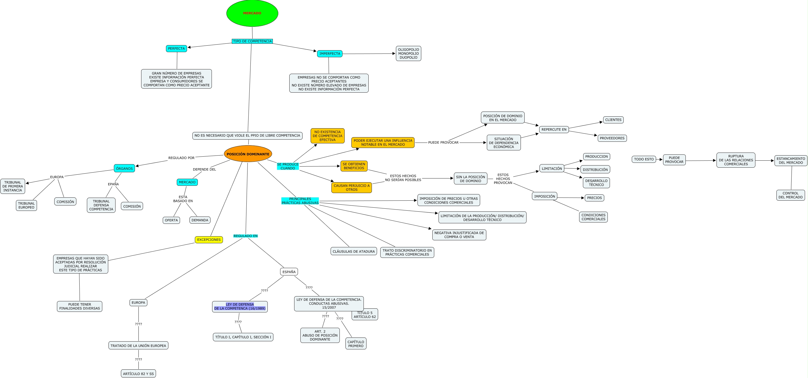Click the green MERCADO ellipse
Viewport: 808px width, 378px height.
pyautogui.click(x=252, y=13)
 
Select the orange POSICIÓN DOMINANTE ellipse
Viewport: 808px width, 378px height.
pyautogui.click(x=248, y=154)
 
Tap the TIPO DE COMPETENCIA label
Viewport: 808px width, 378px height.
pyautogui.click(x=252, y=41)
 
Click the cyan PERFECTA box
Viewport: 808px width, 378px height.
pyautogui.click(x=176, y=48)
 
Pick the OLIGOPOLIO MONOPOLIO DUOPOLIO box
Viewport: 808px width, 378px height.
pyautogui.click(x=408, y=53)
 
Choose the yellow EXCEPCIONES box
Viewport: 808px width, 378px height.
pyautogui.click(x=209, y=240)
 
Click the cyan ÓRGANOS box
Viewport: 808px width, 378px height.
pyautogui.click(x=124, y=168)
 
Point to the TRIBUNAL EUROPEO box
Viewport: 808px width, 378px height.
pyautogui.click(x=26, y=205)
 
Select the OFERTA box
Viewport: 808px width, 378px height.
pyautogui.click(x=171, y=220)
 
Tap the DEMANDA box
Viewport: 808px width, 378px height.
pyautogui.click(x=200, y=220)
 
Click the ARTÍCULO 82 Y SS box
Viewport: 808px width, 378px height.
pyautogui.click(x=138, y=374)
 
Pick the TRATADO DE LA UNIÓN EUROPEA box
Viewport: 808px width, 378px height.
pyautogui.click(x=138, y=345)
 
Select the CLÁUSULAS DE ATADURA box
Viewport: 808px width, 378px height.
pyautogui.click(x=354, y=251)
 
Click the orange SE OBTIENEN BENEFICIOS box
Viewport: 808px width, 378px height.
pyautogui.click(x=354, y=166)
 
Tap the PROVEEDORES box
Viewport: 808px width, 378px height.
pyautogui.click(x=612, y=138)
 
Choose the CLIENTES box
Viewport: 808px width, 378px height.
pyautogui.click(x=613, y=120)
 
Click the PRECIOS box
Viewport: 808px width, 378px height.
pyautogui.click(x=594, y=198)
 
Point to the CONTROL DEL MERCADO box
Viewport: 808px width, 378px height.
pyautogui.click(x=790, y=195)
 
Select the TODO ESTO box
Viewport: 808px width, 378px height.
pyautogui.click(x=644, y=159)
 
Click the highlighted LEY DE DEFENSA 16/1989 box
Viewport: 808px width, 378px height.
pyautogui.click(x=240, y=306)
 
